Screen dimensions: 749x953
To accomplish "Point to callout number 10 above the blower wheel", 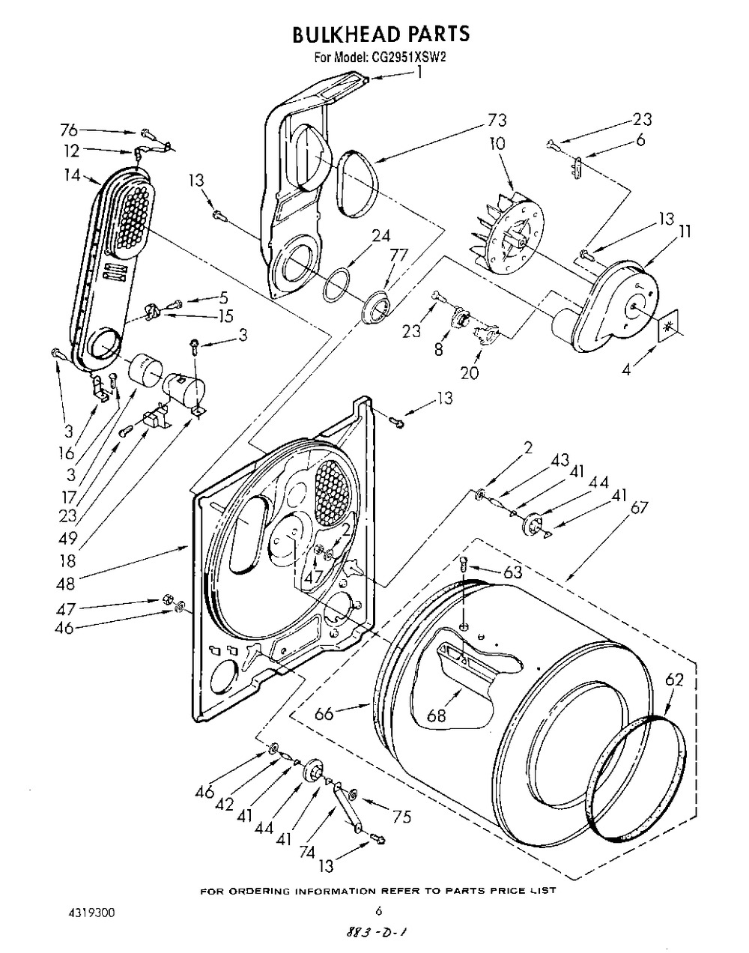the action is (x=497, y=144).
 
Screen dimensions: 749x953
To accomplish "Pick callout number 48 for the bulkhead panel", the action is (x=65, y=584).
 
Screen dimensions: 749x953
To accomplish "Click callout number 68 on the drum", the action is (x=436, y=715).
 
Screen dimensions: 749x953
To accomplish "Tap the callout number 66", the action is (x=324, y=714).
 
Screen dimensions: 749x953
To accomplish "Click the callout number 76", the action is (x=69, y=130).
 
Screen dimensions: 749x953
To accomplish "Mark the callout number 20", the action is (x=469, y=372).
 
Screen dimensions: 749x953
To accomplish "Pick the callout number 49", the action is (x=67, y=539).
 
